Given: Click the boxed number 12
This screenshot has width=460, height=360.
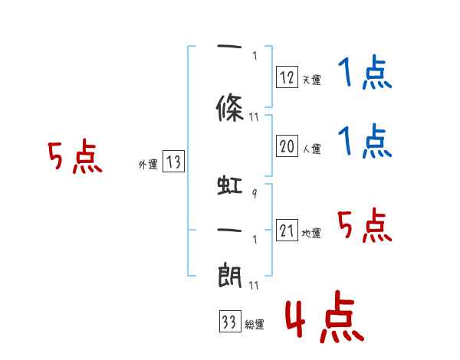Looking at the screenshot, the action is point(287,77).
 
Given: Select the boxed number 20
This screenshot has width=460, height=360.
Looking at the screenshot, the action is point(287,146).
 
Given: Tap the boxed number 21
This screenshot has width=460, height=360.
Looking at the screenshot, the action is point(287,230).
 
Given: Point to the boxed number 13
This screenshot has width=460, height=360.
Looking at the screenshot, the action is point(173,161).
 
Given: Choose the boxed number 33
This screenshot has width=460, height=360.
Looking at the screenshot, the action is point(230,321).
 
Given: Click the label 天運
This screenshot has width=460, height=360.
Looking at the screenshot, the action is point(312,80).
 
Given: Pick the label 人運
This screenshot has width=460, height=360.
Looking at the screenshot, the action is point(312,149).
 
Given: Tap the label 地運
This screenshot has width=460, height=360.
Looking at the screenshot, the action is point(311,234).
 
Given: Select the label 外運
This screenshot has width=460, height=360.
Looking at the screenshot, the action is point(148,165).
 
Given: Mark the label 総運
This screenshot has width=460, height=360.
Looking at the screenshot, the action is point(255,325).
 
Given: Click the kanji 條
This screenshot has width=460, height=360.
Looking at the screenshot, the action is point(230,108).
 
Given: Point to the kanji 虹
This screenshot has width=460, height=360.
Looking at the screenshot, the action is point(230,185).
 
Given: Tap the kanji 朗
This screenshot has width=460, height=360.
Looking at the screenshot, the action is point(230,275).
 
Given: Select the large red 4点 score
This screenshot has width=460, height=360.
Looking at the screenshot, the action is point(324,316).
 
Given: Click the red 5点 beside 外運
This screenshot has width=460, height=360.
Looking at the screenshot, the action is point(75,156).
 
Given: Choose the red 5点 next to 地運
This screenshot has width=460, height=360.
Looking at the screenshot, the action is point(365,225).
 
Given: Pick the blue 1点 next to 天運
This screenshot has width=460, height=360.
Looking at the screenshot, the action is point(365,72).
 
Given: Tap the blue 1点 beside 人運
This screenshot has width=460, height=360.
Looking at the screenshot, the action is point(365,141).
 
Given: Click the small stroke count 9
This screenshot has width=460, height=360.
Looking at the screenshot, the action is point(255,193).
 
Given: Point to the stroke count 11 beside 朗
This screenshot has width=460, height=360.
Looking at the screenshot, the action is point(254,285).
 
